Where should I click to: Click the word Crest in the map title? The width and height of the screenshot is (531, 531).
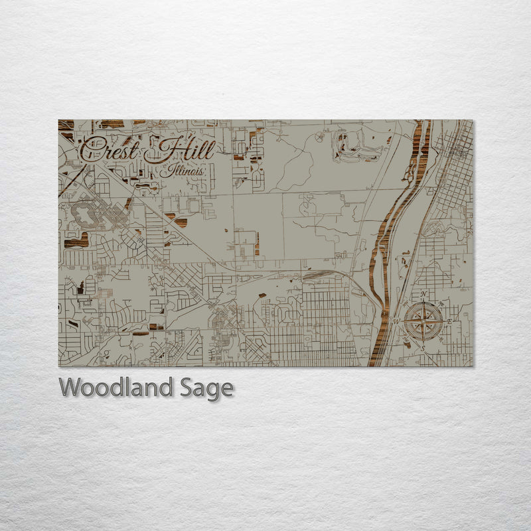click(x=110, y=149)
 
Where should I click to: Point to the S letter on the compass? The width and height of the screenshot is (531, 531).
click(x=423, y=348)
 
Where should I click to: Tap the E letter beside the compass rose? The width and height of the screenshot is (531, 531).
click(x=449, y=321)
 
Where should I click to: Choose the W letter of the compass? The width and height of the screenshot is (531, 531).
click(x=398, y=322)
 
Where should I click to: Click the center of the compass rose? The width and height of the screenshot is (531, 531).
click(x=423, y=322)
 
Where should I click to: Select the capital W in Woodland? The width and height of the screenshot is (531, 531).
click(x=72, y=387)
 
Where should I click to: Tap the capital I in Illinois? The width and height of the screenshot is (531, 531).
click(x=169, y=170)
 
